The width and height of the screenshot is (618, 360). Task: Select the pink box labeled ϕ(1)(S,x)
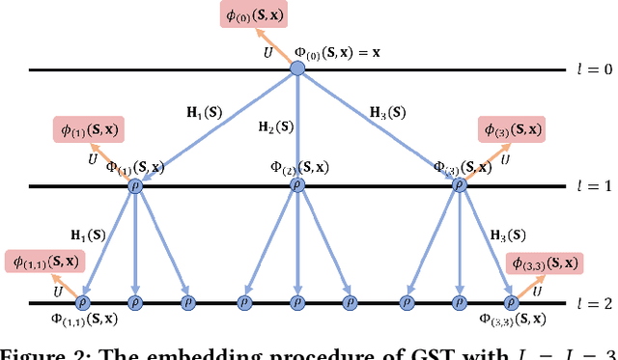coord(90,130)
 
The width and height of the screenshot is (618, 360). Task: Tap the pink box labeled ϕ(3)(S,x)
coord(511,128)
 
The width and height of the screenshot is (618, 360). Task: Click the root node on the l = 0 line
coord(297,69)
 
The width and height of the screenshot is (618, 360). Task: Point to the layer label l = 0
coord(588,69)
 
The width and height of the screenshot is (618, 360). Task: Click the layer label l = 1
coord(588,186)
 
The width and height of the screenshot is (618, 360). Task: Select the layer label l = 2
coord(588,303)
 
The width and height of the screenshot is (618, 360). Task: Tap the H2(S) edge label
coord(277,126)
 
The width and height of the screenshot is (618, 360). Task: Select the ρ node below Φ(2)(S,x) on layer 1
coord(297,186)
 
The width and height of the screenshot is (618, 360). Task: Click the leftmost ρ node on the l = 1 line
coord(135,186)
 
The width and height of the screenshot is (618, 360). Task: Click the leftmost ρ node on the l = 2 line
coord(89,303)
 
